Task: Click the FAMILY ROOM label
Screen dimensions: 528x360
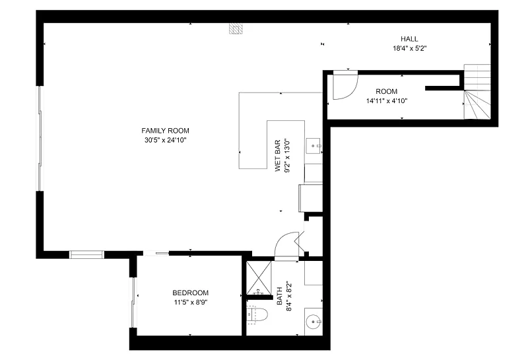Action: coord(165,130)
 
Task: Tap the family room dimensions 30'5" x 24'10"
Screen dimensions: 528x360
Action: coord(166,140)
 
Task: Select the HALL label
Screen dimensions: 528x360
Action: coord(409,39)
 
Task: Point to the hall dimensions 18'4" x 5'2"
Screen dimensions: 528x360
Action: coord(410,48)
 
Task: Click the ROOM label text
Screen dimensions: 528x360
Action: coord(387,91)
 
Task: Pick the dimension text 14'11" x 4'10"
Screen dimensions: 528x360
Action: coord(387,101)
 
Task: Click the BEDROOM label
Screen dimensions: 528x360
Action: coord(190,293)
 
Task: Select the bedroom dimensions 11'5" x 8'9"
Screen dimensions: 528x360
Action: coord(191,303)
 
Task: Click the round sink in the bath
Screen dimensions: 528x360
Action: coord(314,322)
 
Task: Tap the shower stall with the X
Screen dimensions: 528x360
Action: coord(259,277)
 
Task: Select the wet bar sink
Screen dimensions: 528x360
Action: coord(314,146)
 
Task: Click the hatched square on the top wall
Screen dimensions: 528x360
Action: coord(236,28)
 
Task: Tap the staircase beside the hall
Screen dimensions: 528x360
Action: coord(477,91)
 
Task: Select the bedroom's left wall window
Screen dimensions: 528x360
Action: coord(133,302)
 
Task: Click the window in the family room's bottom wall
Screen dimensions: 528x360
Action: coord(86,254)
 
